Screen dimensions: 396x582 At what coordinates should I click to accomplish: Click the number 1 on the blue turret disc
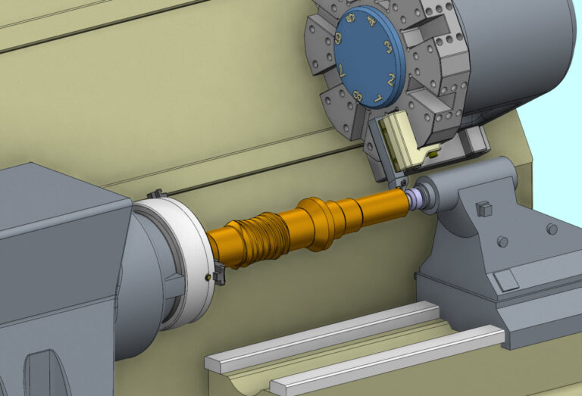point(378,98)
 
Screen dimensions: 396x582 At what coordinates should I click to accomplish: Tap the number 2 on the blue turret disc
point(391,79)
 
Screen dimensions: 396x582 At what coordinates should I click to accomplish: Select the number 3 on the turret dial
point(387,47)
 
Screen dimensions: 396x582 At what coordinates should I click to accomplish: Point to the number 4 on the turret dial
point(371,22)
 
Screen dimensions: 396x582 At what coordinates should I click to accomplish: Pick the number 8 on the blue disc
point(356,96)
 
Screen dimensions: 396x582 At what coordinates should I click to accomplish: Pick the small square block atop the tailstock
point(482,207)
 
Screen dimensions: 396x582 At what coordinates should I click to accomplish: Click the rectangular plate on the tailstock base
point(505,280)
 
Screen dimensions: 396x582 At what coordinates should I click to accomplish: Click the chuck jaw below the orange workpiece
point(219,273)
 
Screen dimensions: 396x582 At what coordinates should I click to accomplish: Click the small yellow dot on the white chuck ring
point(207,276)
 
